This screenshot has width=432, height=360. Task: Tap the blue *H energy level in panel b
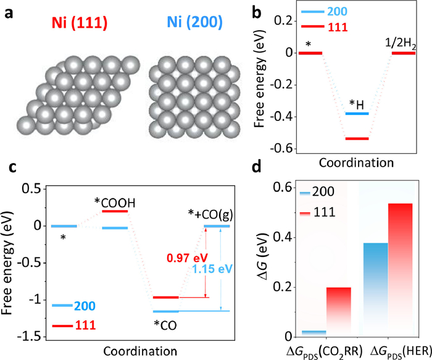click(357, 114)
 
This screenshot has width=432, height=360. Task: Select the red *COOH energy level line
click(115, 211)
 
